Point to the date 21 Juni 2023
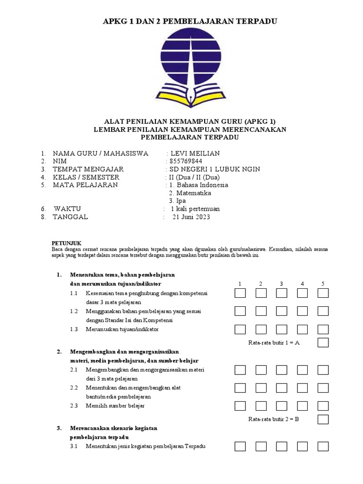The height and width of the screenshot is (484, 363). click(191, 217)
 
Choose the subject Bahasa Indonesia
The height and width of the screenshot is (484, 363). click(199, 185)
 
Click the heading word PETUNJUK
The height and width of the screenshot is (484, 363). click(64, 241)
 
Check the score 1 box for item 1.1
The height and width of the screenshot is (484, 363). click(240, 294)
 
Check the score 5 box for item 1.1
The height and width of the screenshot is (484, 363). click(323, 294)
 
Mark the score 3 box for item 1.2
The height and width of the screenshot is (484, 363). click(282, 311)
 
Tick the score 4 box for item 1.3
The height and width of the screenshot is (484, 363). click(302, 329)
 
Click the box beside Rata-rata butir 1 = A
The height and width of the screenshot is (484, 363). click(323, 343)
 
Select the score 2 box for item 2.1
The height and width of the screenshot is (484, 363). click(261, 370)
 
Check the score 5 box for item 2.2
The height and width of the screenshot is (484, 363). click(323, 388)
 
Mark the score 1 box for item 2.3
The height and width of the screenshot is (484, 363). click(240, 406)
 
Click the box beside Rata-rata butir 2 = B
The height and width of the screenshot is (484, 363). click(323, 419)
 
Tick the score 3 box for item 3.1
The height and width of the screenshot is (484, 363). click(282, 447)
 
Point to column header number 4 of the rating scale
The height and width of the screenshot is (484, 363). click(302, 284)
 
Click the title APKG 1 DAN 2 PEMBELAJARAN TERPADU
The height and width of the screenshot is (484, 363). click(190, 21)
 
